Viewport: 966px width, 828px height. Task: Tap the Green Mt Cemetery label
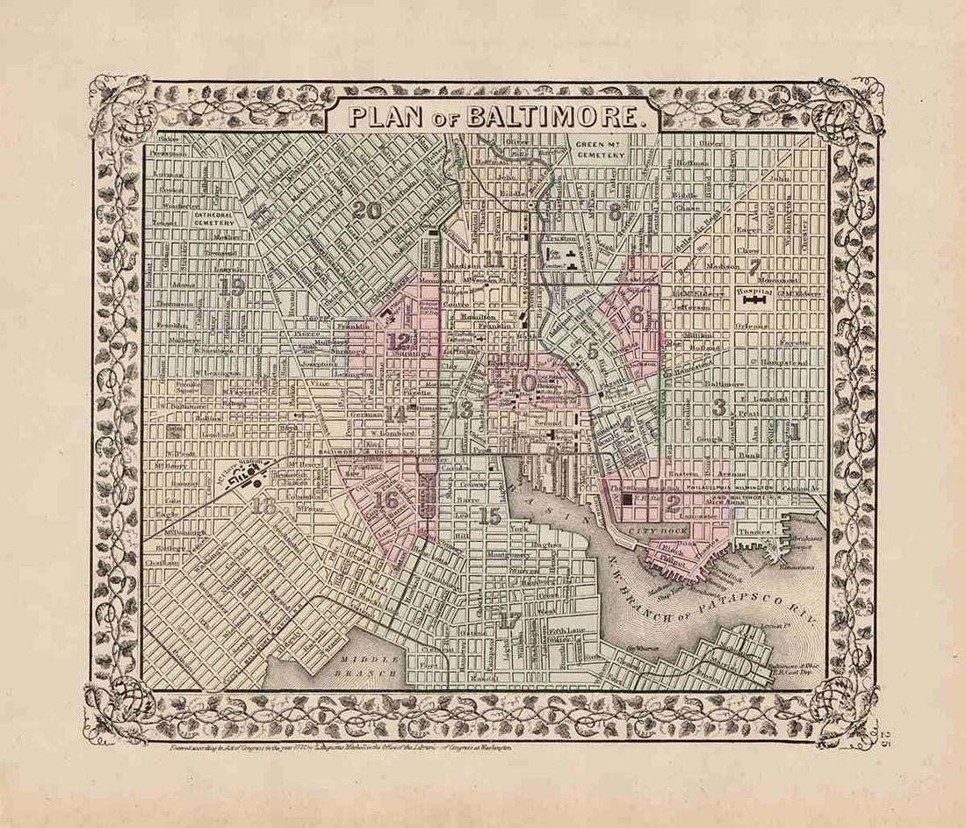(x=601, y=148)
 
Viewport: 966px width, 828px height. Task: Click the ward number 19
(x=232, y=286)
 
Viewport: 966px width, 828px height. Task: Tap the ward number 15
(x=491, y=516)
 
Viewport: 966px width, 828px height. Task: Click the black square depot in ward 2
(x=628, y=500)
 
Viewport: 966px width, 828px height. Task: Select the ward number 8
(x=616, y=211)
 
